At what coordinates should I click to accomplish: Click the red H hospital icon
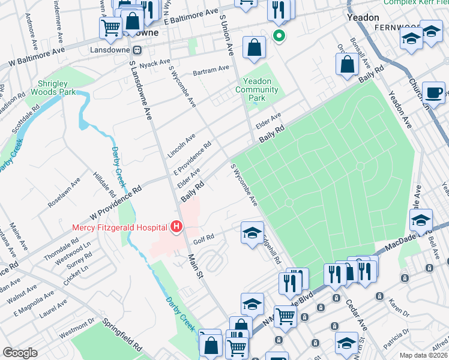coord(176,227)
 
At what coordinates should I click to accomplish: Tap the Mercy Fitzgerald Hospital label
coord(120,227)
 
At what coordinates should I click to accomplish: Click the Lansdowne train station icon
coord(137,51)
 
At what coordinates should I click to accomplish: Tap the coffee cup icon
coord(433,93)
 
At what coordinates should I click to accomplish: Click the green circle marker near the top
coord(279,35)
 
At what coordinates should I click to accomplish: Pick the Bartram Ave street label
coord(211,71)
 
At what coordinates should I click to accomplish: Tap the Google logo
coord(20,352)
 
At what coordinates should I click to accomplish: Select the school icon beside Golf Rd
coord(252,232)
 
